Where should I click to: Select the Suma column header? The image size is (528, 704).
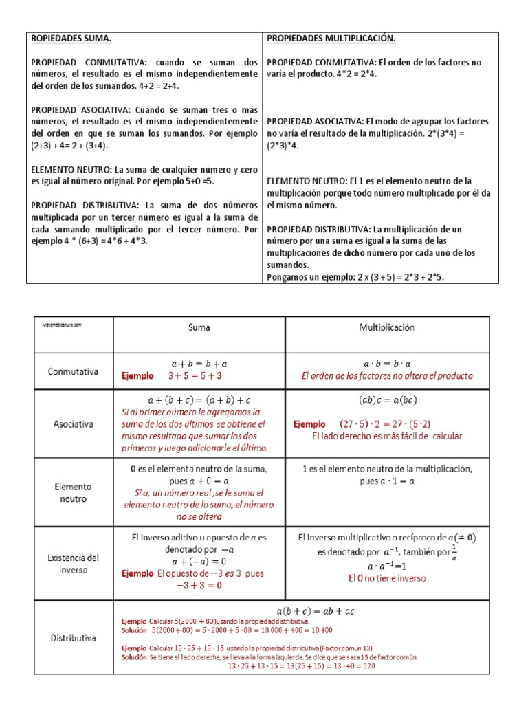(x=199, y=328)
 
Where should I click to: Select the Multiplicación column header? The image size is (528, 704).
(x=387, y=328)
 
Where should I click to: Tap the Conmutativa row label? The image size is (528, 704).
(x=74, y=371)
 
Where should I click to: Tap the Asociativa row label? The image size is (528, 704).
(x=73, y=424)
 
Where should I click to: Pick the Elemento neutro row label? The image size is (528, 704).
(x=74, y=493)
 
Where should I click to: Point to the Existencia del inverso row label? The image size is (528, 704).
(x=74, y=564)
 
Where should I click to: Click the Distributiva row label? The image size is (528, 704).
(x=73, y=638)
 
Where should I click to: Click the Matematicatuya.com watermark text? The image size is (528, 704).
(x=62, y=324)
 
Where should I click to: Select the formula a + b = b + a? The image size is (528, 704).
(x=199, y=362)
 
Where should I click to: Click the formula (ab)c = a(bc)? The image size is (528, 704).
(x=387, y=400)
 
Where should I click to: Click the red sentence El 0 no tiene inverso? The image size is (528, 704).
(x=387, y=578)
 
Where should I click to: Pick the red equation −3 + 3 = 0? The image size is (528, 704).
(x=199, y=586)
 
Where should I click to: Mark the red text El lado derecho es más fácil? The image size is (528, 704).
(x=387, y=436)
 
